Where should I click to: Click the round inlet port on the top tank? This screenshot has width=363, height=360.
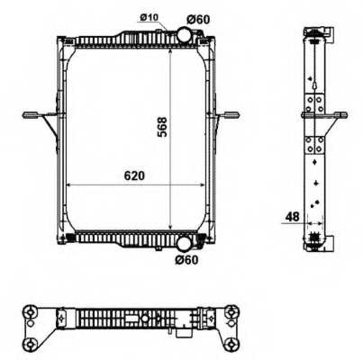[x=182, y=36]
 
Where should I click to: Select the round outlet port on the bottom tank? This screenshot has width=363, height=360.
[x=183, y=242]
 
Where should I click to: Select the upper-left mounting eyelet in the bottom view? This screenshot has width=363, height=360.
[x=32, y=311]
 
